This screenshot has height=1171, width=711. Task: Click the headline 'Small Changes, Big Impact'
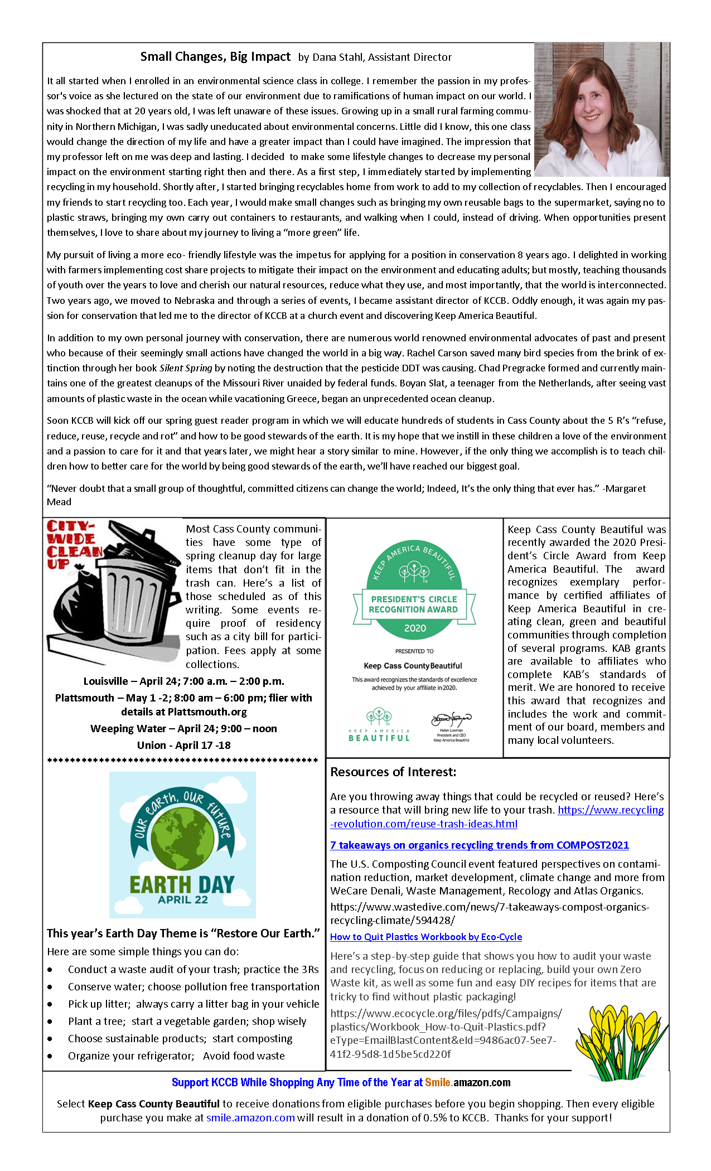coord(215,56)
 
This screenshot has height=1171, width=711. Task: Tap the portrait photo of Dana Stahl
coord(601,110)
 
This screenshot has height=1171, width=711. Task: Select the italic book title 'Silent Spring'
coord(186,368)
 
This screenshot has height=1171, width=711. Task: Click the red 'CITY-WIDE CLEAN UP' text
coord(72,544)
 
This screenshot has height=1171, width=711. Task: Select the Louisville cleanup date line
coord(183,681)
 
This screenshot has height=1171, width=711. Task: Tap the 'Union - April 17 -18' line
coord(183,745)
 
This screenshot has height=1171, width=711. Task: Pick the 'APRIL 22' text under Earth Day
coord(182,899)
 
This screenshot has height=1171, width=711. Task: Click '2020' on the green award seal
coord(414,628)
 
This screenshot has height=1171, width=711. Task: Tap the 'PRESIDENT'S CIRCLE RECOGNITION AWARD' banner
coord(414,604)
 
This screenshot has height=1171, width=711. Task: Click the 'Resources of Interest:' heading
coord(393,772)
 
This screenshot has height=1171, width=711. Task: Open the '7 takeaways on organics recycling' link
coord(479,845)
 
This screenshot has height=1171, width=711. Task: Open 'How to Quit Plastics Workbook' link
coord(426,937)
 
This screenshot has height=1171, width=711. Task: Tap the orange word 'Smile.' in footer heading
coord(438,1082)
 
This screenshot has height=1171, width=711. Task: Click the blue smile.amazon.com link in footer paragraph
coord(250,1117)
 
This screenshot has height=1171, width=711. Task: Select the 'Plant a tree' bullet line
coord(187,1021)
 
